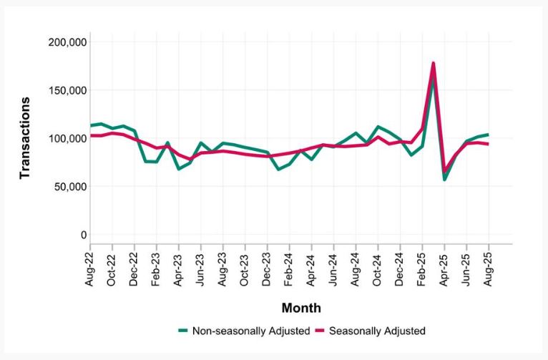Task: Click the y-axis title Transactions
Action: click(x=24, y=138)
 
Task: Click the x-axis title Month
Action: click(x=300, y=308)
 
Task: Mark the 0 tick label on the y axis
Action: click(x=84, y=235)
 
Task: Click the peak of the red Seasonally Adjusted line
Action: click(x=434, y=63)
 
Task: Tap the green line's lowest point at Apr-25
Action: click(x=444, y=180)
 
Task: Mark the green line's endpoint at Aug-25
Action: click(x=489, y=135)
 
